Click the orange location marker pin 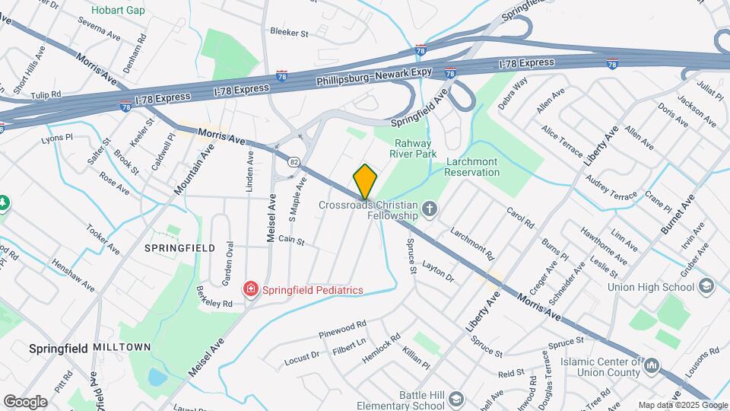click(366, 182)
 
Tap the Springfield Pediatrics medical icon click(249, 289)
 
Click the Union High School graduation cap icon click(706, 287)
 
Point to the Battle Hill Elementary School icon click(455, 400)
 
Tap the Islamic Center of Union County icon click(652, 367)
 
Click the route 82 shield click(293, 161)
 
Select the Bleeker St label click(289, 33)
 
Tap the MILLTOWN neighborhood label click(122, 347)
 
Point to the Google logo click(25, 401)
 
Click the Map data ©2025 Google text click(682, 405)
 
